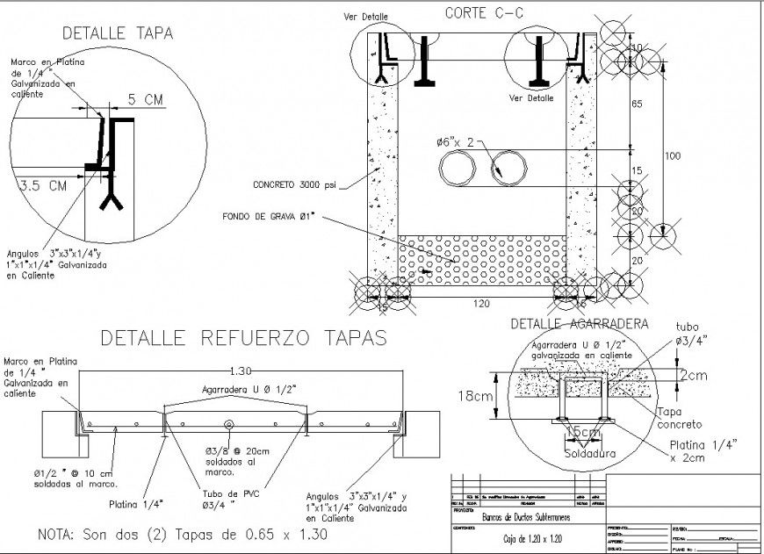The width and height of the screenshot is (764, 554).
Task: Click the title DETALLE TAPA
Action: [x=117, y=33]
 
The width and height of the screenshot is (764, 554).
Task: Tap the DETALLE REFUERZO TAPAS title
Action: [x=243, y=337]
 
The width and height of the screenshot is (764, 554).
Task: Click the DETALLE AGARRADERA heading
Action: [x=579, y=323]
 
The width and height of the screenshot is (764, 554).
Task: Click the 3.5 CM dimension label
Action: [x=43, y=185]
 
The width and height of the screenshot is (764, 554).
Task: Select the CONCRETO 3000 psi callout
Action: [x=294, y=185]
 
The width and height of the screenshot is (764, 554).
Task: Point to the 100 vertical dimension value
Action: [x=672, y=156]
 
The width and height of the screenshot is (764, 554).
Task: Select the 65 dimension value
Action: [x=638, y=104]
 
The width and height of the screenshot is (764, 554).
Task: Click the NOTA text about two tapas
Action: [x=182, y=534]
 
